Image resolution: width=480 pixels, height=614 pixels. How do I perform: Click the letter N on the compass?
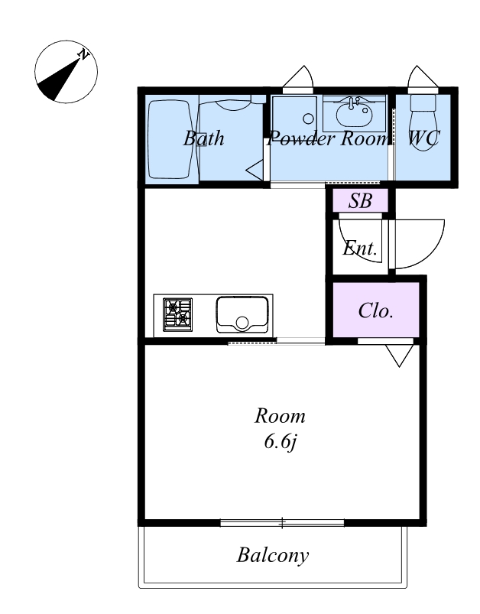click(x=83, y=54)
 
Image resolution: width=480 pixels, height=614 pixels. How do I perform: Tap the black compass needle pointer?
click(x=59, y=80)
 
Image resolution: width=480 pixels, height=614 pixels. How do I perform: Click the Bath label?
click(x=203, y=138)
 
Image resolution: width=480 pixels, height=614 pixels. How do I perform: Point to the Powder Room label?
click(x=328, y=138)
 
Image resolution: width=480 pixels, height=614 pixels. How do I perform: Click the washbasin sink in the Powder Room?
click(x=355, y=112)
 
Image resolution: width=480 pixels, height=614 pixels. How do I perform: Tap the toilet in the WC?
click(x=423, y=119)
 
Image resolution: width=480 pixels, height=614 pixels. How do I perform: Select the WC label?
click(x=424, y=138)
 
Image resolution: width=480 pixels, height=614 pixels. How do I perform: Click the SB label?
click(x=360, y=201)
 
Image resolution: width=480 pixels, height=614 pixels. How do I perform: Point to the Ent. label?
click(x=360, y=248)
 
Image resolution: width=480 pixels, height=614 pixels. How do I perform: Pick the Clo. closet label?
click(x=375, y=310)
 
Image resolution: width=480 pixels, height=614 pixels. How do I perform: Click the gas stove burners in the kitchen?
click(x=178, y=314)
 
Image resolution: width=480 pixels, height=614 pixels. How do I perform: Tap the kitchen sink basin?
click(x=242, y=315)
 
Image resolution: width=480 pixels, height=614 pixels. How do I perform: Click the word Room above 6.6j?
click(x=280, y=415)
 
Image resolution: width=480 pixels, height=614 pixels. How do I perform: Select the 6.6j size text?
click(x=281, y=442)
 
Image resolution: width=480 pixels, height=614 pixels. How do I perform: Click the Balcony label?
click(x=273, y=555)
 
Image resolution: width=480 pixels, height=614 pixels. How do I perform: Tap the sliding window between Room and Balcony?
click(x=282, y=523)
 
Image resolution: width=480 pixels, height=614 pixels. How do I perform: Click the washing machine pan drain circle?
click(x=309, y=119)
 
